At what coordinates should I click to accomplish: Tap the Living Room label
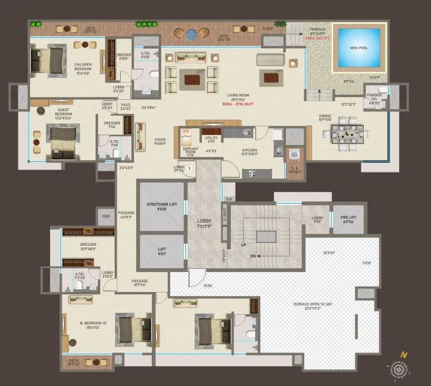point(237,96)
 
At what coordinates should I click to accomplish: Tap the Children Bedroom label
point(86,68)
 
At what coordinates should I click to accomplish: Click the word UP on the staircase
point(243,245)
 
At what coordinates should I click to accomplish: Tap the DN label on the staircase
point(254,256)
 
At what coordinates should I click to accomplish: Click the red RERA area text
point(236,103)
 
